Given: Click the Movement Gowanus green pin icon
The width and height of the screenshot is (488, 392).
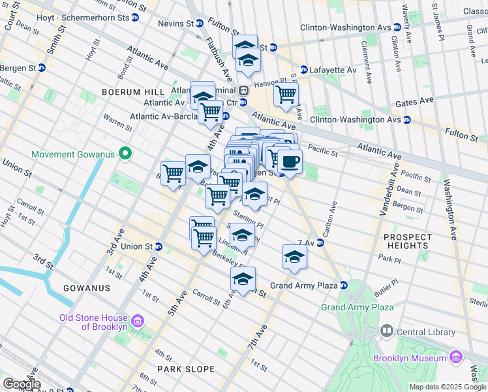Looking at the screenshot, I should pos(127,155).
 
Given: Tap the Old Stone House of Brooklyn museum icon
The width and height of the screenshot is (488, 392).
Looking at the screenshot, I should pos(137,321).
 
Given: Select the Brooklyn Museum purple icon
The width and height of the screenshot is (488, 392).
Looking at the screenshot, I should pos(455,357).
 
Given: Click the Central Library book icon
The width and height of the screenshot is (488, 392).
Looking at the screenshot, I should pos(387,332).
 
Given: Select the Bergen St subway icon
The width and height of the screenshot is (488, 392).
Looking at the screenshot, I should pos(42,67).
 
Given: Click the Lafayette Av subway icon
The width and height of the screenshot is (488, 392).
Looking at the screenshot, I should pos(303,70).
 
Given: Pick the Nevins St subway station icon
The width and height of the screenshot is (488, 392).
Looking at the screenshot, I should pos(200,24).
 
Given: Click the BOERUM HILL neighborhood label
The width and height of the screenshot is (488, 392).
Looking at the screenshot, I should pos(127,92).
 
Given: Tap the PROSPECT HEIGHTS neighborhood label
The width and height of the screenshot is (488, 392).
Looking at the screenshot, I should pos(408,241).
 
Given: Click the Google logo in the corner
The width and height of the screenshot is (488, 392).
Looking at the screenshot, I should pos(21,384).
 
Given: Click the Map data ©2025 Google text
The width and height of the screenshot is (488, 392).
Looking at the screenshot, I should pos(448,387).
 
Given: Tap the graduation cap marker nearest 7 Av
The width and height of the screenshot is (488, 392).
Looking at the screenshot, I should pos(294,257).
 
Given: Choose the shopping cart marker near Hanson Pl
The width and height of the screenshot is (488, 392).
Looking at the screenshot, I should pos(286,95).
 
